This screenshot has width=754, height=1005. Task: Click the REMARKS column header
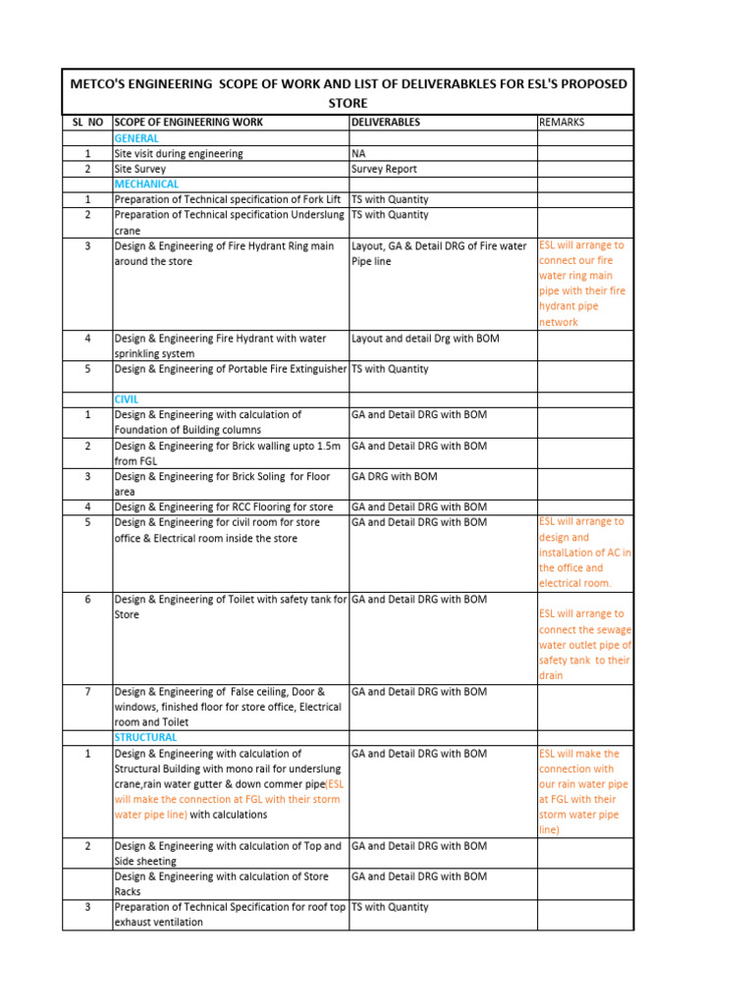562,123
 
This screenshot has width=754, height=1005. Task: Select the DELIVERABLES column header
386,123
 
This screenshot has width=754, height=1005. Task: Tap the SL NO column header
87,123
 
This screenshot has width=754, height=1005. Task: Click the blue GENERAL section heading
136,138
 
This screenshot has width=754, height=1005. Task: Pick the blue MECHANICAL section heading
146,184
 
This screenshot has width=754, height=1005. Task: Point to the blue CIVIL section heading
127,399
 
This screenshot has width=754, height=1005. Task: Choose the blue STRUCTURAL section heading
145,737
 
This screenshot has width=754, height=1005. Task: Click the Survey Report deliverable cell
385,169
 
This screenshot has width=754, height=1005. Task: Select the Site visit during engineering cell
179,154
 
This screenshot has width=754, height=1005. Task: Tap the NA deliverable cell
358,154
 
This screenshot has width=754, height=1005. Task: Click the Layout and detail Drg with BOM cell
425,339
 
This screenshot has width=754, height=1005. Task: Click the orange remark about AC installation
585,553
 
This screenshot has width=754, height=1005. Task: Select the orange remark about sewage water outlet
585,645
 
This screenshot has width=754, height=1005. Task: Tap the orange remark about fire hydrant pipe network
582,284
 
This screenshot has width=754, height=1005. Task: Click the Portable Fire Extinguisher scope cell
231,369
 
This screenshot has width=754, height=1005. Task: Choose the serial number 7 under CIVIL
87,692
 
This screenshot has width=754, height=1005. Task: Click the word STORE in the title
348,102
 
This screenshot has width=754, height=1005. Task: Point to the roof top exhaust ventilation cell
230,915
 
